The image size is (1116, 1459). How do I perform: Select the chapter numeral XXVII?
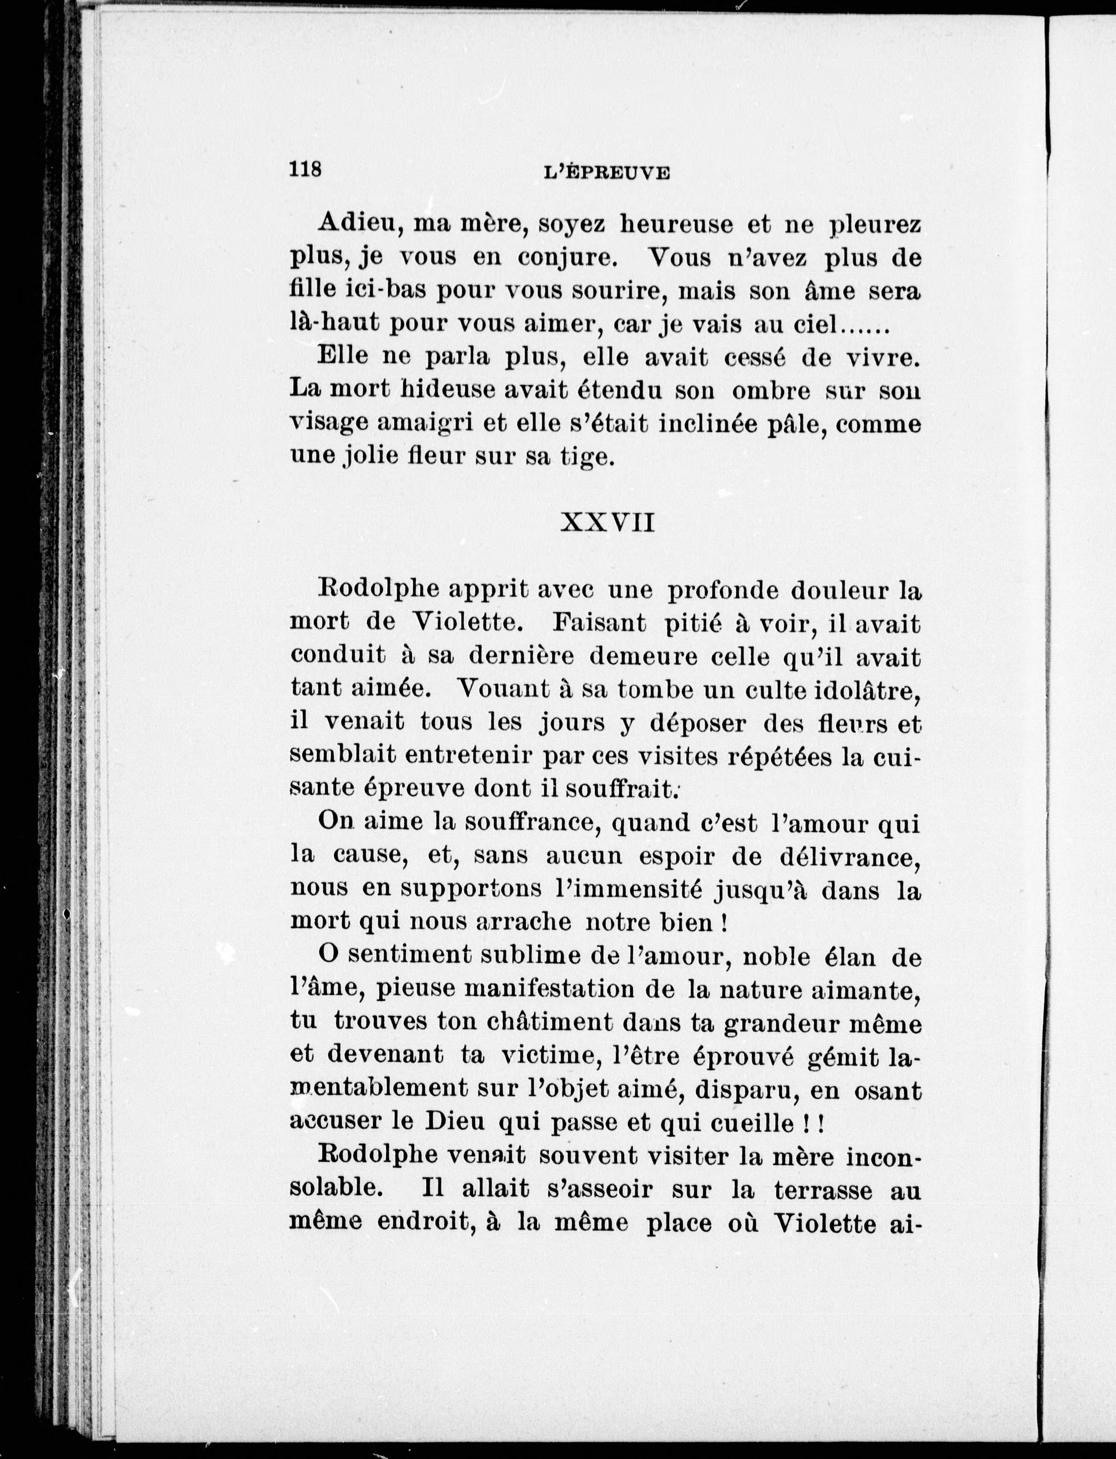(608, 523)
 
